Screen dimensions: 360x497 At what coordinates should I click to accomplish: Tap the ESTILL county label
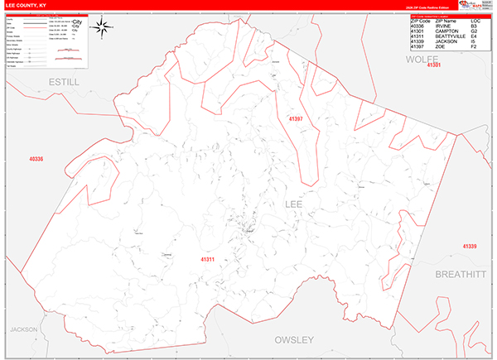tap(63, 83)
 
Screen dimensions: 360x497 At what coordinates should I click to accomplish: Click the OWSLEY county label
tap(295, 339)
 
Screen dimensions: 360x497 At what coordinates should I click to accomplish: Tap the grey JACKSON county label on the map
tap(24, 329)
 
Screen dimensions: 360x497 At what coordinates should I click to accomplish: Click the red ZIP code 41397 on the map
tap(297, 120)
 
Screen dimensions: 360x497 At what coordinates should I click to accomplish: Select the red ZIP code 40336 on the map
tap(36, 158)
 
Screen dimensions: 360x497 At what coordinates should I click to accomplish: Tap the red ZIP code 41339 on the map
tap(470, 247)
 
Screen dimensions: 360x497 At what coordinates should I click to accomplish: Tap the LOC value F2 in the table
tap(474, 46)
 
